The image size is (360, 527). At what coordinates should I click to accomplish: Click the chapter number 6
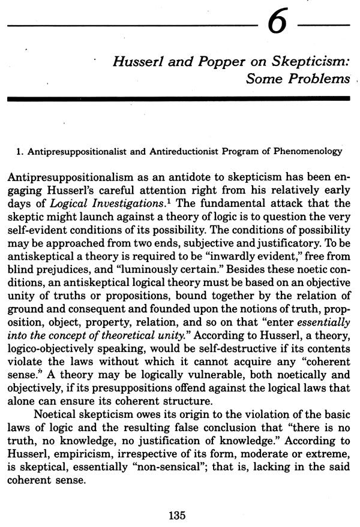point(276,29)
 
